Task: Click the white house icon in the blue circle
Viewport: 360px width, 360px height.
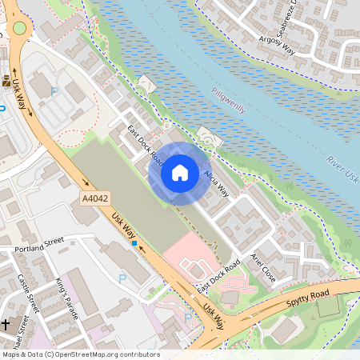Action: (180, 172)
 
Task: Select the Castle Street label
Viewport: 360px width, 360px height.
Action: (29, 293)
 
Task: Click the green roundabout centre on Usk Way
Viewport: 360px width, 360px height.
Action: (18, 28)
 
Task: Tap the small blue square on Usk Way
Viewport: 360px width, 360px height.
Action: (134, 243)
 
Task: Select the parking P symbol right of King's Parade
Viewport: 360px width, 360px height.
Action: (122, 278)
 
